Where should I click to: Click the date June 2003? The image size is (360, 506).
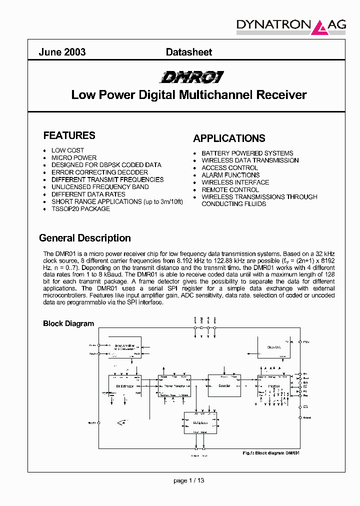[62, 52]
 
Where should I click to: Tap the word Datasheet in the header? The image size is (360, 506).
[188, 52]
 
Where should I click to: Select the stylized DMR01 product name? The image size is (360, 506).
[191, 77]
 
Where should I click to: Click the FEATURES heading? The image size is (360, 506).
[69, 135]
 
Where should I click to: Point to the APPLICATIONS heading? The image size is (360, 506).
[229, 138]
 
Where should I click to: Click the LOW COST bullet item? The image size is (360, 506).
[67, 150]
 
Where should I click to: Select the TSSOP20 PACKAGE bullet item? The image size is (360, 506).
[80, 208]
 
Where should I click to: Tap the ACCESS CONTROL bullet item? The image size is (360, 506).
[229, 167]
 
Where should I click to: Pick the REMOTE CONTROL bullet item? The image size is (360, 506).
[230, 189]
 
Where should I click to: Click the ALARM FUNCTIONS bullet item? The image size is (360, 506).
[230, 175]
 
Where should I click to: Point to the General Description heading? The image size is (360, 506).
[85, 238]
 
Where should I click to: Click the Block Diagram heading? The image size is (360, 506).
[68, 323]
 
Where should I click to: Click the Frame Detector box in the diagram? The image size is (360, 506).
[173, 386]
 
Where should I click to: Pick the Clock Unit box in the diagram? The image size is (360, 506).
[273, 347]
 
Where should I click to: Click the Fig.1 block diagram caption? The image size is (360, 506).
[270, 452]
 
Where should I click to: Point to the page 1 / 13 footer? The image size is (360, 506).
[189, 480]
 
